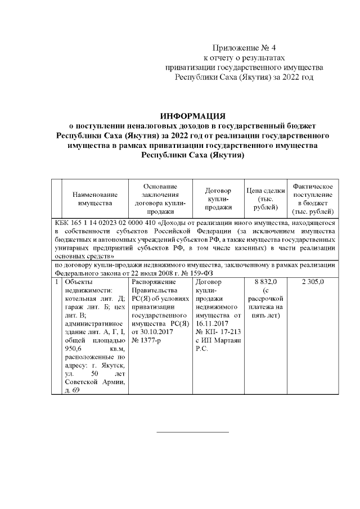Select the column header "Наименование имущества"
(95, 199)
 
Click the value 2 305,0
(313, 281)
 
